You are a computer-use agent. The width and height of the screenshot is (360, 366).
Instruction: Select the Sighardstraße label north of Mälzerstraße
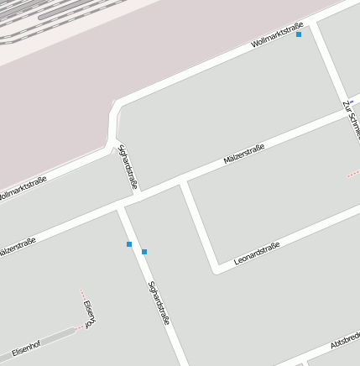click(128, 168)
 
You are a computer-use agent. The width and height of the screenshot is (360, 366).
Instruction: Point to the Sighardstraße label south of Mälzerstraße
click(159, 303)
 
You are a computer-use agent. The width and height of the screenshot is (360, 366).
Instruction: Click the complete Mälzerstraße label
click(244, 154)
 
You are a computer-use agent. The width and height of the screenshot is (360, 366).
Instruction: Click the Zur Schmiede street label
click(351, 118)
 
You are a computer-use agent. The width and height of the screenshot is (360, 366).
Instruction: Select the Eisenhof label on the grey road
click(26, 346)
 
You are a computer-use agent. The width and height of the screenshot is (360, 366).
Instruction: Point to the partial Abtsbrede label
click(345, 340)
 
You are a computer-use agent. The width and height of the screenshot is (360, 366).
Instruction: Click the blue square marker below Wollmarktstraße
click(299, 34)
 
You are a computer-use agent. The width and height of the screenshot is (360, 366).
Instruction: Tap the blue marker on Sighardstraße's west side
click(129, 244)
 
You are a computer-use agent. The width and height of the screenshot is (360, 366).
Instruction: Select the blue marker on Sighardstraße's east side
click(144, 252)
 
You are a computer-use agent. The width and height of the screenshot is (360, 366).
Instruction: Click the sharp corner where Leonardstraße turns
click(217, 269)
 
